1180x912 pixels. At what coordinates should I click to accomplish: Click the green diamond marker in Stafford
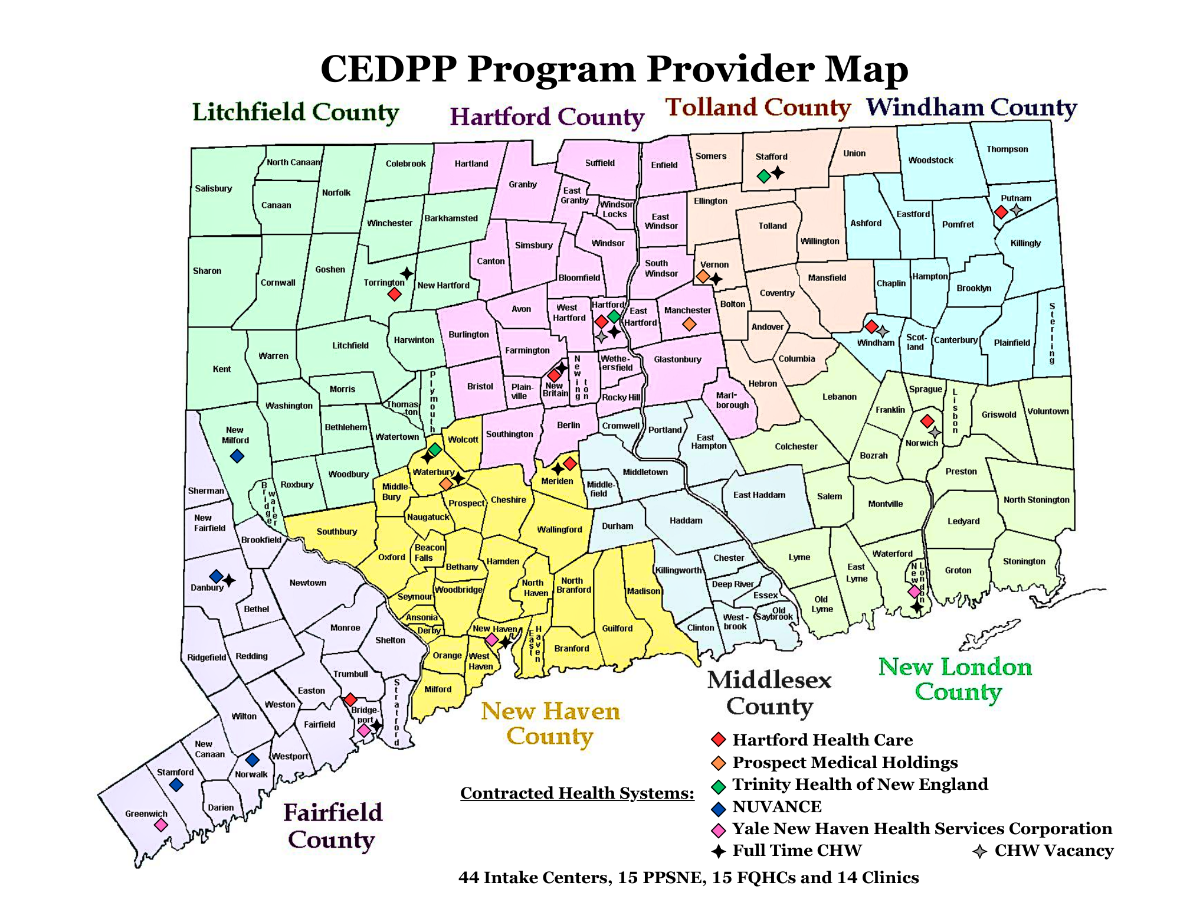[763, 176]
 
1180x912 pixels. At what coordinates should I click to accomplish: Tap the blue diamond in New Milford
[237, 456]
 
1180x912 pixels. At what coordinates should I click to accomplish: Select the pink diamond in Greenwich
[160, 825]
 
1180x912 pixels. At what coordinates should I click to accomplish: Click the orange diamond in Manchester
[689, 323]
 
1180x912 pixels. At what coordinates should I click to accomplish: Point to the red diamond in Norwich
[927, 421]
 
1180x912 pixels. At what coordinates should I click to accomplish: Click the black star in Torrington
[407, 273]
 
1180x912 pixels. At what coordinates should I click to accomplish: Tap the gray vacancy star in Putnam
[1016, 210]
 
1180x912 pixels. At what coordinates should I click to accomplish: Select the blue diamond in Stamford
[176, 784]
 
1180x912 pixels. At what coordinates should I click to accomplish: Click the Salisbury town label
[213, 188]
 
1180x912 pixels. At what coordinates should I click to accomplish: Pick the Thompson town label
[1007, 149]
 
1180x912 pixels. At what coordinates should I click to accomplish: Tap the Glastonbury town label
[677, 359]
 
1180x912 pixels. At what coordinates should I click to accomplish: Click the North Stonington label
[1036, 499]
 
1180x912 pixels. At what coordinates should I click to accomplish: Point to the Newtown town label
[307, 583]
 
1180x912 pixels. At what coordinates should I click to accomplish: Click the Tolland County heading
[758, 108]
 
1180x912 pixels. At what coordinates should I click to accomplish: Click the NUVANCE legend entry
[776, 806]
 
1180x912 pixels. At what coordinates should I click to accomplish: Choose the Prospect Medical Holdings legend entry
[844, 762]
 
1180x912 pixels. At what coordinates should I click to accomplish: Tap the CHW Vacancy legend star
[979, 851]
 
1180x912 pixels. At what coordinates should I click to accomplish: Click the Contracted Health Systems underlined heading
[576, 793]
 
